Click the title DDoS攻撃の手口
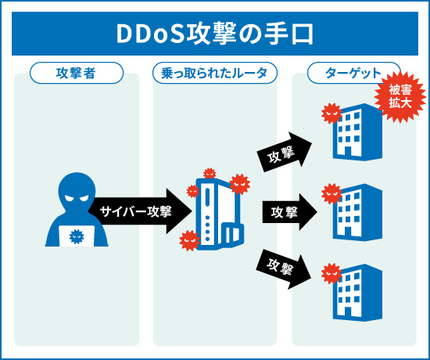coord(214,34)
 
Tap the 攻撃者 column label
coord(77,74)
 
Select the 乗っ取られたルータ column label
coord(214,74)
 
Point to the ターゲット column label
coord(353,74)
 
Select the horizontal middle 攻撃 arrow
coord(289,211)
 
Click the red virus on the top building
coord(331,114)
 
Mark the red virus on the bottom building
coord(331,273)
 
